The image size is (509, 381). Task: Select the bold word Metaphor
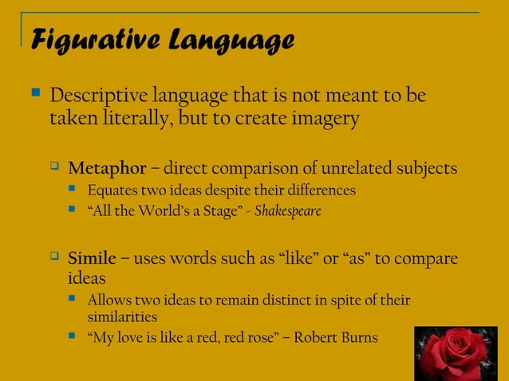point(107,168)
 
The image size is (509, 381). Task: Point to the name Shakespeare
point(286,213)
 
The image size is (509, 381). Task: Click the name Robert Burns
point(336,337)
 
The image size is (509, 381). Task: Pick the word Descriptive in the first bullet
point(97,96)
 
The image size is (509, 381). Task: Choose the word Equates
point(112,190)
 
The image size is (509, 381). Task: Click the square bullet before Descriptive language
point(34,95)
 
